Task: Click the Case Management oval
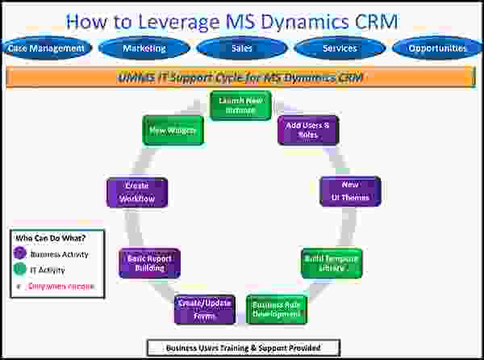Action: pos(46,48)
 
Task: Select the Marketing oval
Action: pos(144,48)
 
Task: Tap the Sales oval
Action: pos(241,48)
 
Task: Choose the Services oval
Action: pos(340,48)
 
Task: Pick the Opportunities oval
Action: pos(437,48)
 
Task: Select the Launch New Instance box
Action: pos(240,105)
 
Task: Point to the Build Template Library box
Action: pos(331,262)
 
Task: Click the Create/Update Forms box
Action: pos(203,309)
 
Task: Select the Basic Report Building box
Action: pos(149,263)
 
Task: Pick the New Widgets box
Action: pos(173,130)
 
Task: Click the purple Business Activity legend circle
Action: pos(19,253)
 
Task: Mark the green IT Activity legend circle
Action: pos(19,270)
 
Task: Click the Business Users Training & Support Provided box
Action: pos(243,348)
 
